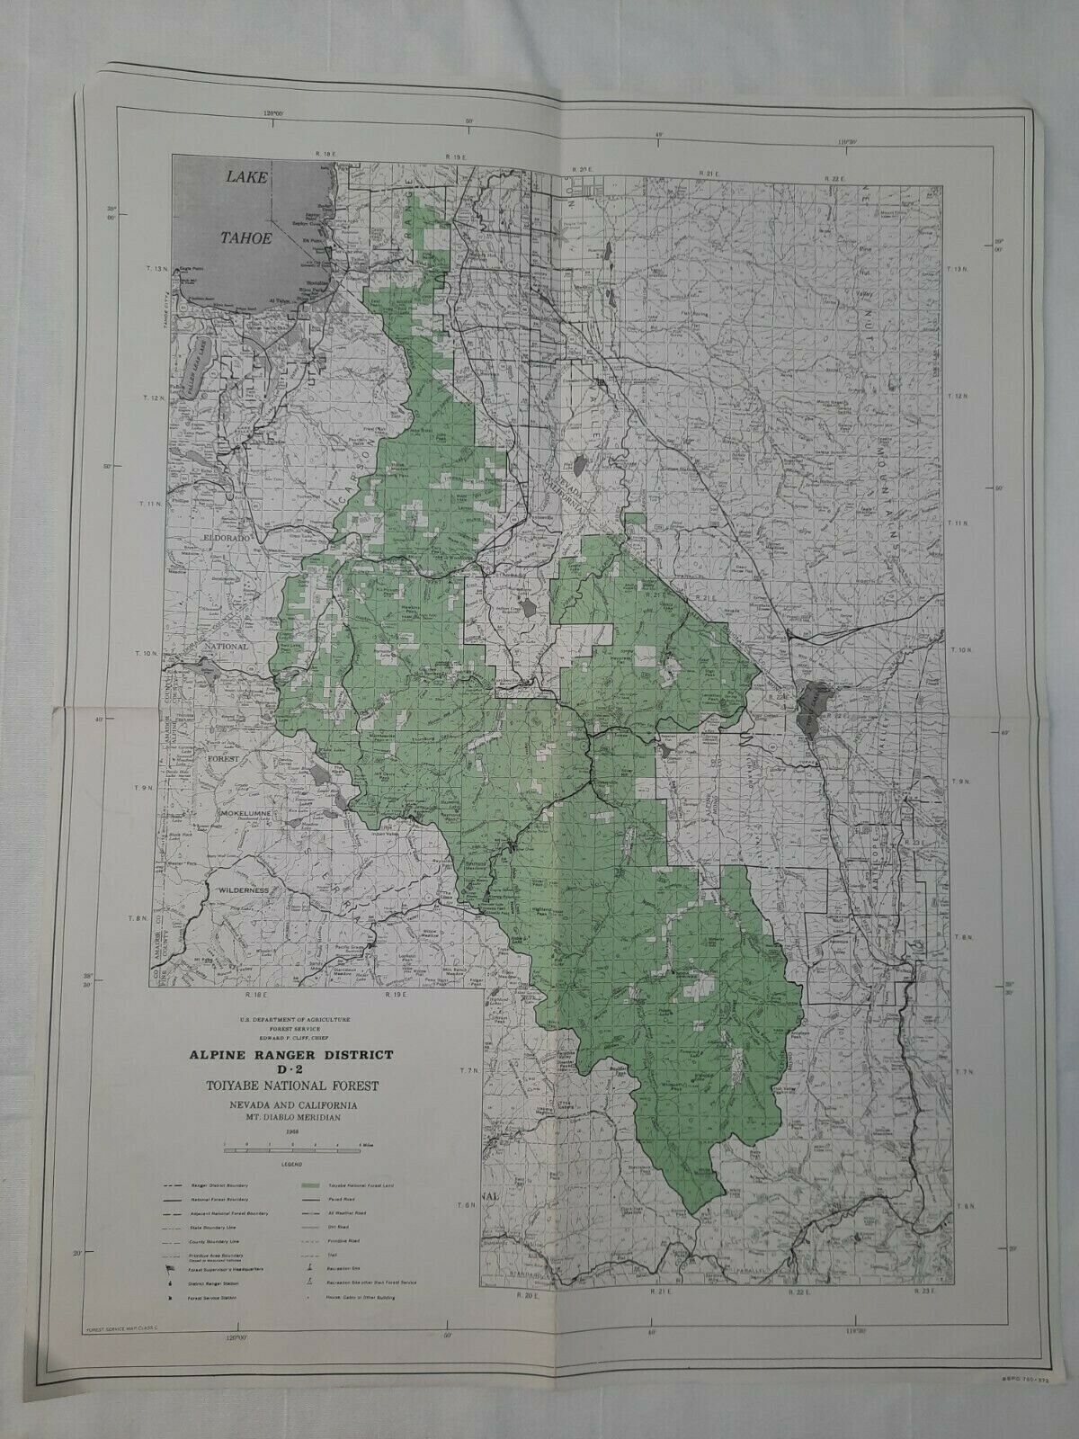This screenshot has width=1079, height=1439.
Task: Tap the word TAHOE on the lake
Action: click(x=245, y=237)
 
